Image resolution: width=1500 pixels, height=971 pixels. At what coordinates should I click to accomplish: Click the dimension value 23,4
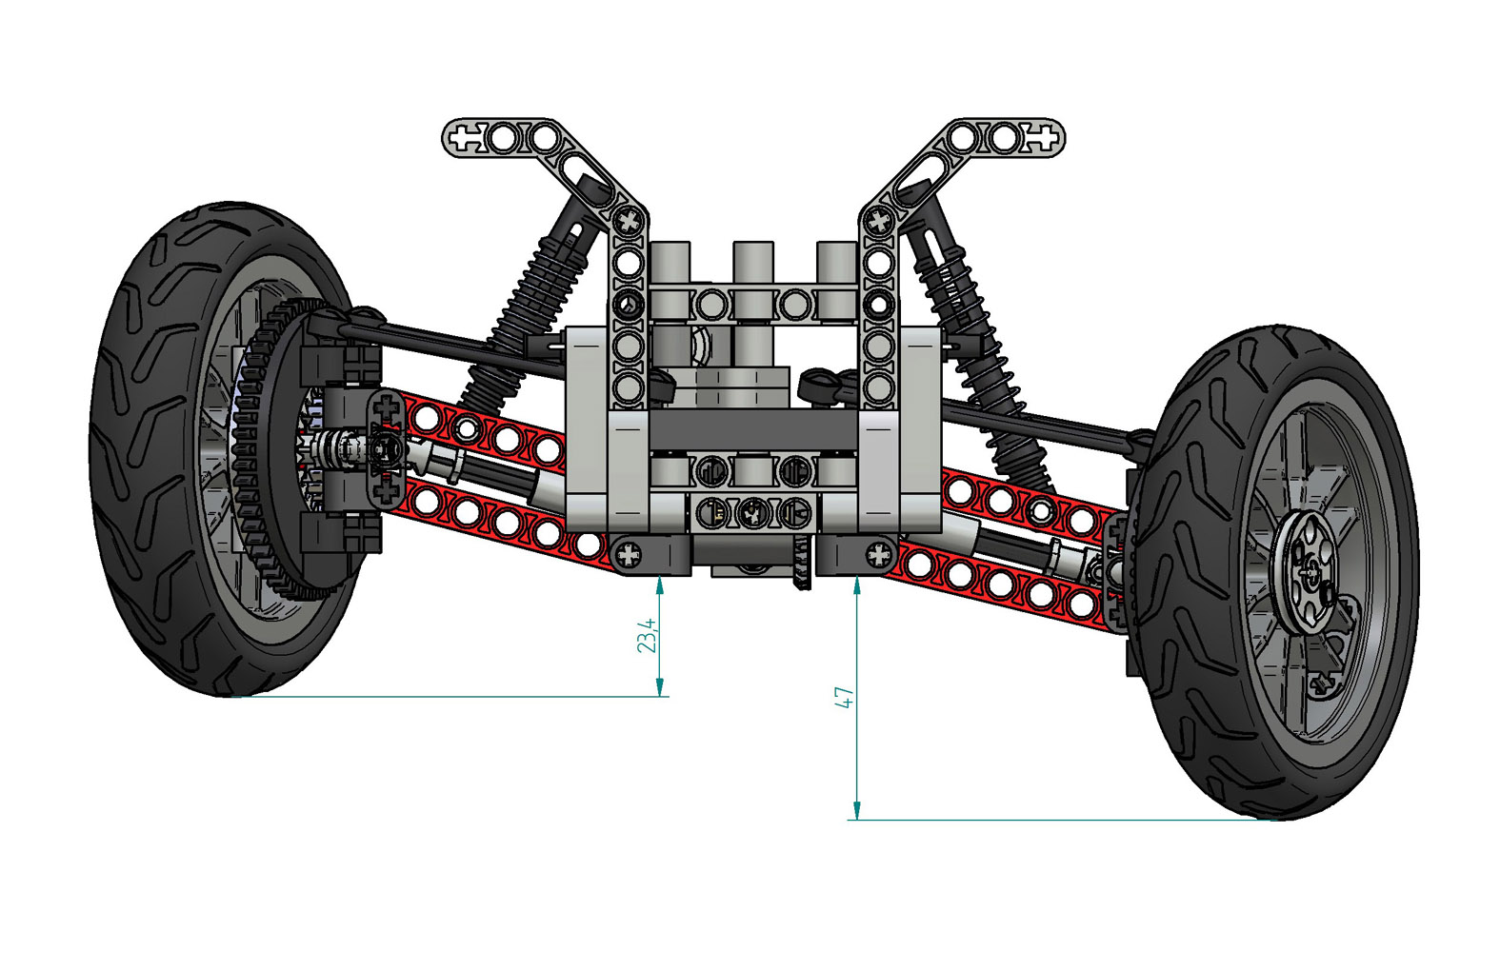647,635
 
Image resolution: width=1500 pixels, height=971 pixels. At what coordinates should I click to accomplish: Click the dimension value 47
844,697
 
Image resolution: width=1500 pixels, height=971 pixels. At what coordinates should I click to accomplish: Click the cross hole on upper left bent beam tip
466,139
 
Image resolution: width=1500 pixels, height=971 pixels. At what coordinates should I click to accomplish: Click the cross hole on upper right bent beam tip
1042,139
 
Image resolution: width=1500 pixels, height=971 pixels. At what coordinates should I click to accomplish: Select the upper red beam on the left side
476,433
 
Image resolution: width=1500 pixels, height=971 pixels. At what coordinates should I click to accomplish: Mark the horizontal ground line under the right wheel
1048,820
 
